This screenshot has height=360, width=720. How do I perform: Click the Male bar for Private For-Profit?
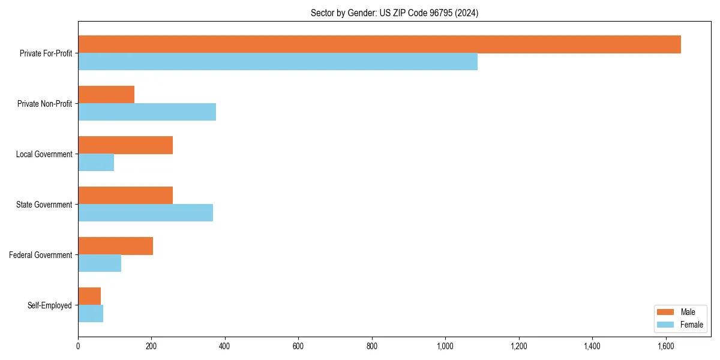(x=379, y=44)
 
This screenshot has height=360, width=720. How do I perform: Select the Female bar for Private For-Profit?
(x=278, y=62)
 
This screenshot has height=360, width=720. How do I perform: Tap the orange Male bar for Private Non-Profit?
(x=106, y=95)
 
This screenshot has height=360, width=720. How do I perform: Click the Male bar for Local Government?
(x=125, y=145)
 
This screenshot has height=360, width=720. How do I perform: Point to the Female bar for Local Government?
(x=96, y=163)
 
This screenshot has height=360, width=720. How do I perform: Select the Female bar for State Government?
(x=145, y=213)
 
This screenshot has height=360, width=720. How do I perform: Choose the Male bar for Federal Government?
(x=115, y=246)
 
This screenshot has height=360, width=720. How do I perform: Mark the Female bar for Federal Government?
(x=100, y=263)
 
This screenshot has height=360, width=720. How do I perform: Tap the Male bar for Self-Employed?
(x=89, y=296)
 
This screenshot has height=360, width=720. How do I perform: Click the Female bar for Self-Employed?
(x=91, y=314)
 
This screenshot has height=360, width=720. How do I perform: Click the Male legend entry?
(x=679, y=312)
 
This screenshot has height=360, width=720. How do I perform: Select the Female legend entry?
(x=679, y=325)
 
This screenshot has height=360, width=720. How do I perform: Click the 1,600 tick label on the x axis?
(x=665, y=346)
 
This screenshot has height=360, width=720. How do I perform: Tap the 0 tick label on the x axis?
(x=78, y=346)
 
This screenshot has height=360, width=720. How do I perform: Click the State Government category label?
(x=44, y=205)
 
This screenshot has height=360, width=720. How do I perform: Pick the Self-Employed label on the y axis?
(x=49, y=305)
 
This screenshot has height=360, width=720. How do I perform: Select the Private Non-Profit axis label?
(x=44, y=104)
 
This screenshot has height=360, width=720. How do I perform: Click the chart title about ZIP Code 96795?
(x=394, y=13)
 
